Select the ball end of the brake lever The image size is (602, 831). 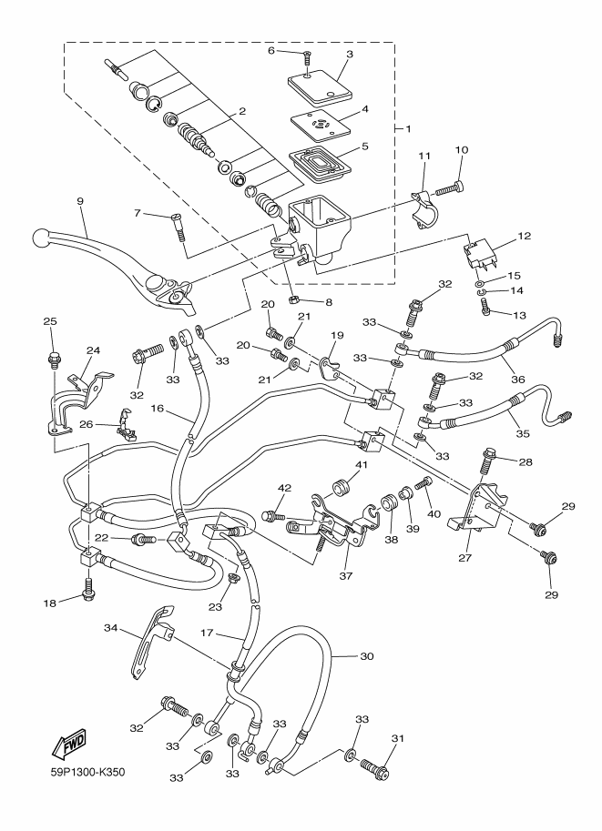click(40, 238)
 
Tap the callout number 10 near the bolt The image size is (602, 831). click(461, 149)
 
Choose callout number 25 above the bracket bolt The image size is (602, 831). click(50, 321)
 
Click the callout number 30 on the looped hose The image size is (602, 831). click(368, 655)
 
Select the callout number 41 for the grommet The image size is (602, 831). click(362, 467)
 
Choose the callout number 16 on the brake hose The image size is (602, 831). click(157, 410)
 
